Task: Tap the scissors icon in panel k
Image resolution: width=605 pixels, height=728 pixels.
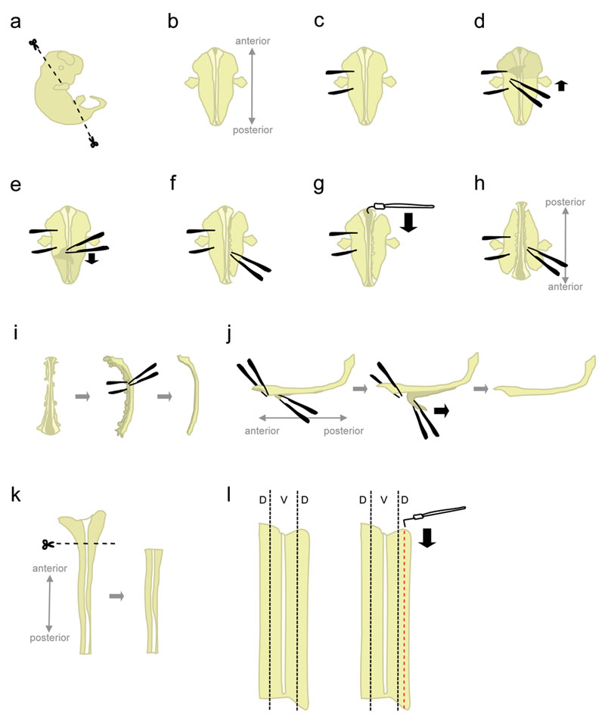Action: coord(48,544)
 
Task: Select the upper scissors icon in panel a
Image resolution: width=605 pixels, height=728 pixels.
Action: coord(33,45)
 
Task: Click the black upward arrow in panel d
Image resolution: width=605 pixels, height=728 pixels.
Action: coord(560,86)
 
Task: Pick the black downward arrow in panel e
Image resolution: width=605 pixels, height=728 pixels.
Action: coord(92,258)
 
